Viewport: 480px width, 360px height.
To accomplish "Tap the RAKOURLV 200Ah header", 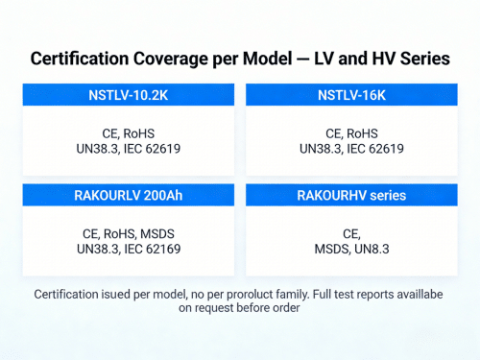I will click(129, 195).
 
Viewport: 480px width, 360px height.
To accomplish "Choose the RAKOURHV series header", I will click(351, 195).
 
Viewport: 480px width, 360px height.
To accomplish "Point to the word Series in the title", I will click(420, 59).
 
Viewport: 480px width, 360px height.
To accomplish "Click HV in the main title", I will click(375, 59).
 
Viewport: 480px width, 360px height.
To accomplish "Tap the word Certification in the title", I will click(83, 59).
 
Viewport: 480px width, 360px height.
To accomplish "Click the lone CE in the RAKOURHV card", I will click(349, 233).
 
